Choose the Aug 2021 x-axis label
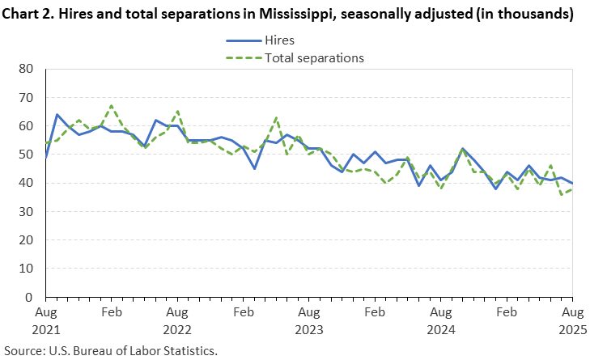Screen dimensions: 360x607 pyautogui.click(x=45, y=320)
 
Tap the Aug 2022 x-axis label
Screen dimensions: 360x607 pyautogui.click(x=177, y=320)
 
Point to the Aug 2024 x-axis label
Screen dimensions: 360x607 pyautogui.click(x=440, y=320)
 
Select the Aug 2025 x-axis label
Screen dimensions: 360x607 pyautogui.click(x=572, y=320)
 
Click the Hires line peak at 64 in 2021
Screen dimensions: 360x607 pyautogui.click(x=57, y=115)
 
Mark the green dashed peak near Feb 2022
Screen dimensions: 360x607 pyautogui.click(x=112, y=106)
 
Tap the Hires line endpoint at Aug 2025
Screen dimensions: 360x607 pyautogui.click(x=572, y=184)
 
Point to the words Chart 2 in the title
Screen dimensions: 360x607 pyautogui.click(x=30, y=14)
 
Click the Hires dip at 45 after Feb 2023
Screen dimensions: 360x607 pyautogui.click(x=254, y=168)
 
